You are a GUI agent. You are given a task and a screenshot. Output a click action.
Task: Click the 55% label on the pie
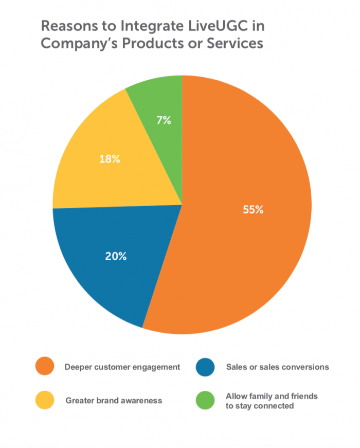tap(253, 210)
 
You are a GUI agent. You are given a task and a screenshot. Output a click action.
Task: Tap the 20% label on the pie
tap(116, 256)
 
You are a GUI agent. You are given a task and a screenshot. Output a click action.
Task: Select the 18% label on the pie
tap(110, 159)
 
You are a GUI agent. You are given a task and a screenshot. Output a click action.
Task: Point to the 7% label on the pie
tap(164, 121)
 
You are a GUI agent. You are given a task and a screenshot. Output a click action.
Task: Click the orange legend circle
tap(45, 367)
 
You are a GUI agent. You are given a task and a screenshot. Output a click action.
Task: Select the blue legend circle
tap(206, 367)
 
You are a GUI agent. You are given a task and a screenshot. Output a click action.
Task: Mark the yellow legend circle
tap(45, 400)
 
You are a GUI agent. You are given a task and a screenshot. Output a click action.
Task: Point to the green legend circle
tap(206, 400)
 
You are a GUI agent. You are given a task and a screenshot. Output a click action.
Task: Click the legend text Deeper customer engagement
tap(122, 367)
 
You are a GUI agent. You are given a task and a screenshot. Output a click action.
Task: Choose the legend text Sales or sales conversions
tap(277, 367)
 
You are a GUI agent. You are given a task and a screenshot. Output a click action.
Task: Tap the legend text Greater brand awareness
tap(114, 401)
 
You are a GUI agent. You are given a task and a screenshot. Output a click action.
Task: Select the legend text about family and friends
tap(272, 401)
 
